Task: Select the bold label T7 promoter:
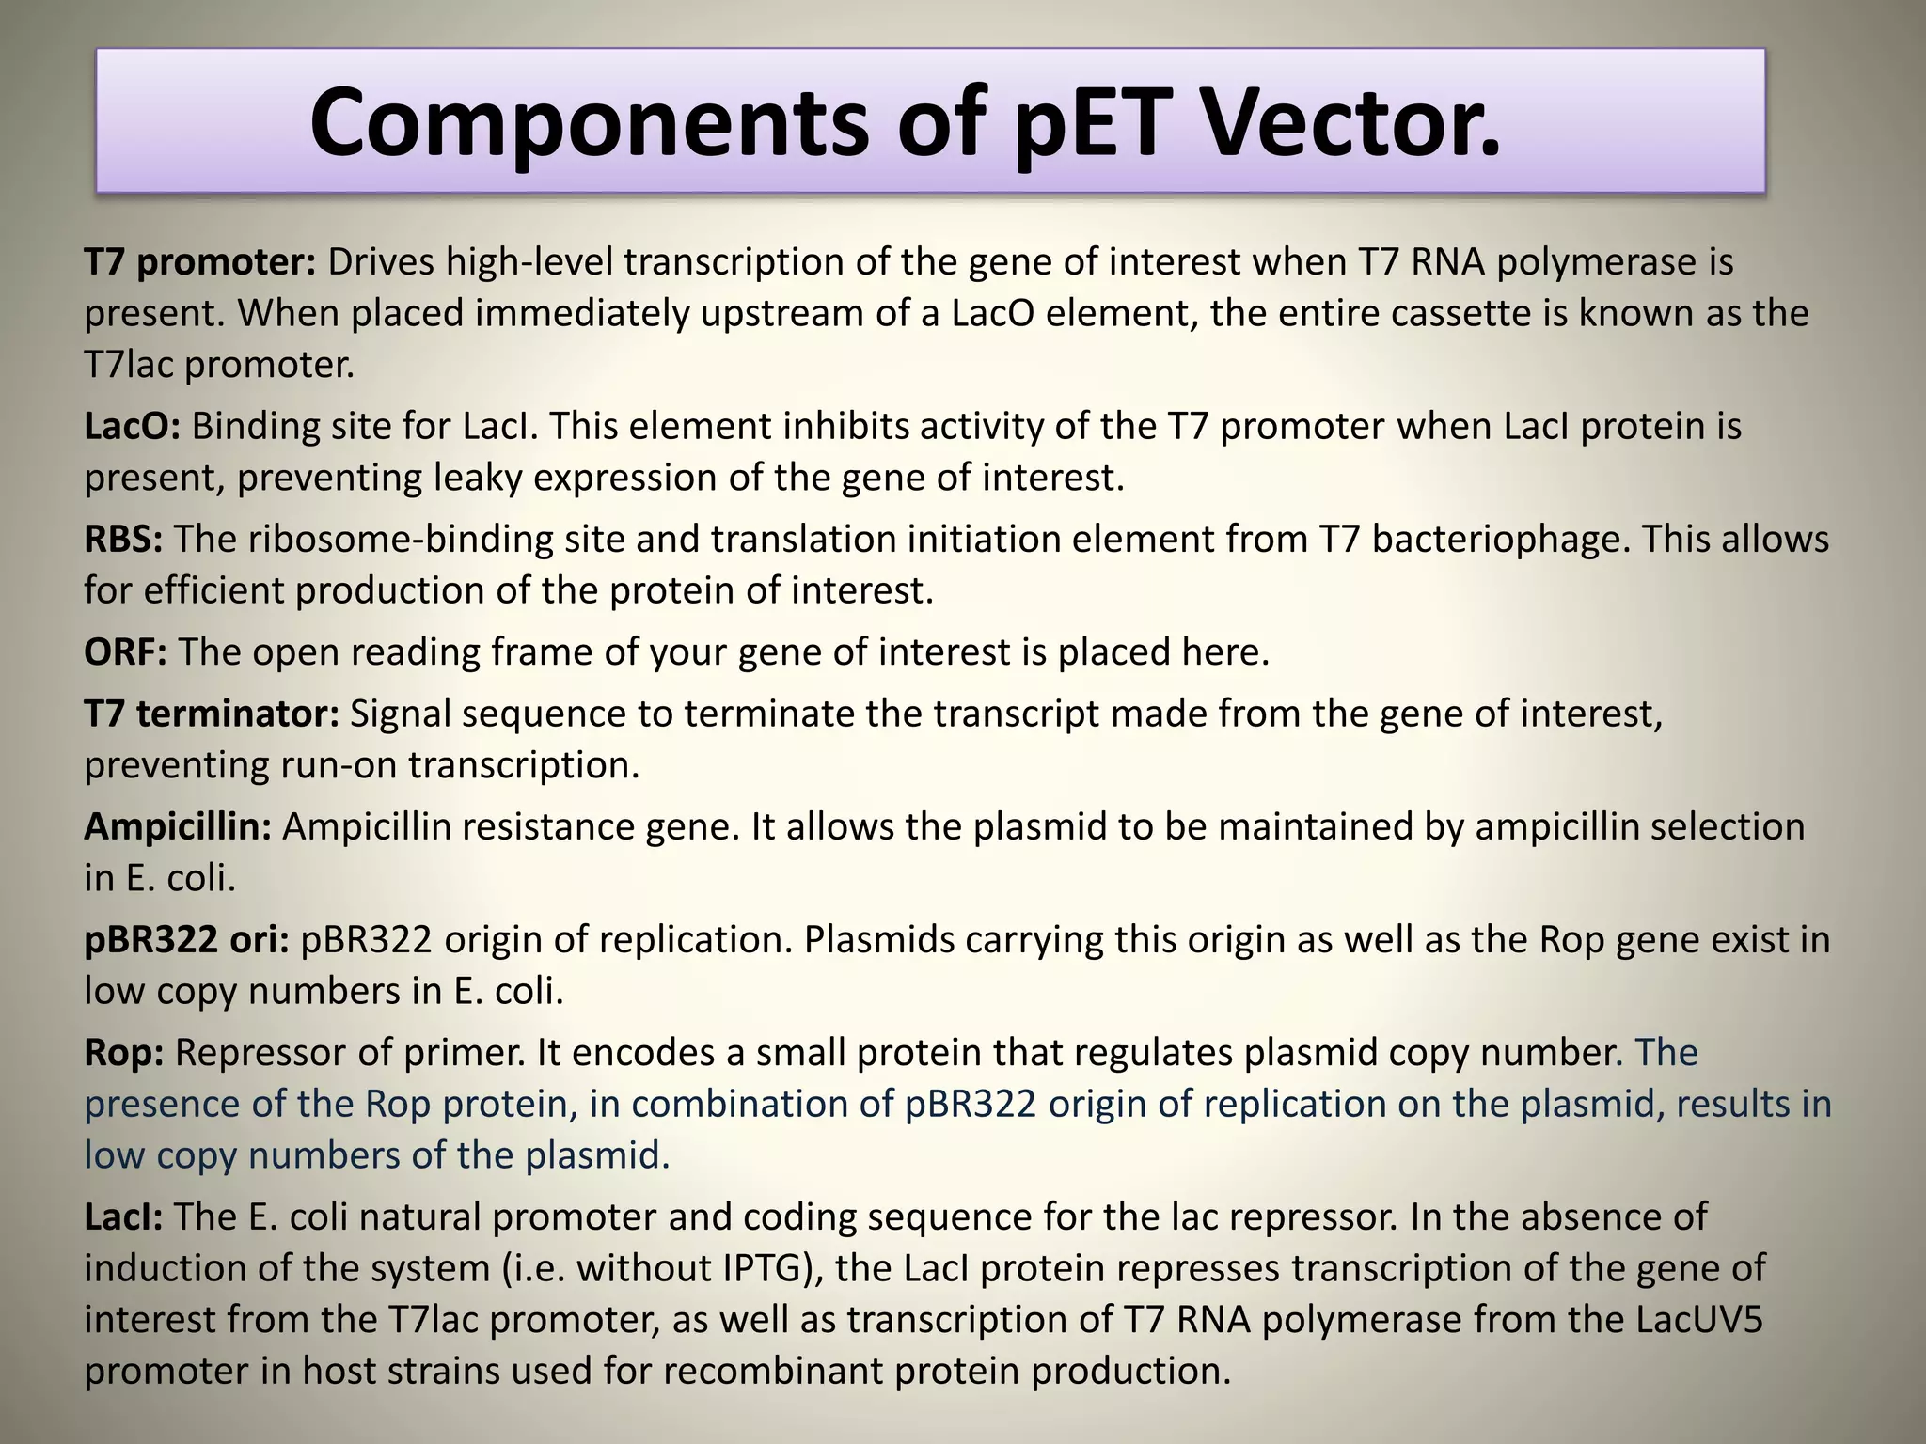pos(200,262)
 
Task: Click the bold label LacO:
pos(133,427)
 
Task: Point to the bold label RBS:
pos(123,540)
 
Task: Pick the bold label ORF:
pos(125,651)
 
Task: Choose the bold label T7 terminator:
pos(212,714)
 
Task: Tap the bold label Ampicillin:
pos(178,826)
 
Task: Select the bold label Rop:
pos(123,1052)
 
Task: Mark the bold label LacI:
pos(123,1216)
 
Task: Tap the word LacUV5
pos(1699,1320)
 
